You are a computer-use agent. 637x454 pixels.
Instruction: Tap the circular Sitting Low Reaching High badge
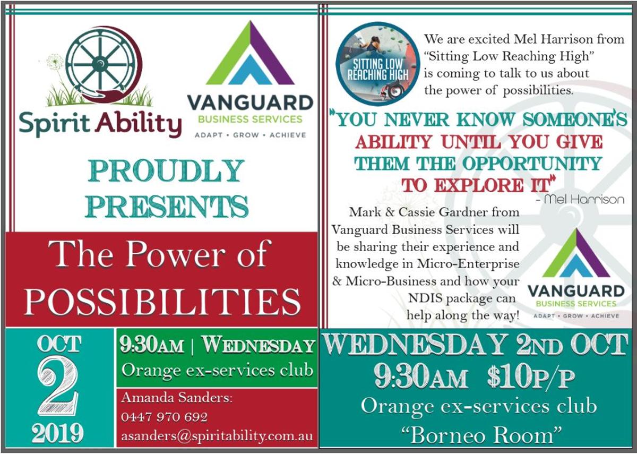[377, 64]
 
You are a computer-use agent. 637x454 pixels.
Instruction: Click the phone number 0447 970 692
[164, 417]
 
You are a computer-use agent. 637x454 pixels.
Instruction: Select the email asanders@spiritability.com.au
[217, 436]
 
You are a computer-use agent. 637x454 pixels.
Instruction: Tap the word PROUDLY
[166, 170]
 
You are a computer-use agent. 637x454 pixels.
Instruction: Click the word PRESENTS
[166, 206]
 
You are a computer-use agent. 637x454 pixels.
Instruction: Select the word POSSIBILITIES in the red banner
[162, 301]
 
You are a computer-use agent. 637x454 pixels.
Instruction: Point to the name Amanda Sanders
[177, 397]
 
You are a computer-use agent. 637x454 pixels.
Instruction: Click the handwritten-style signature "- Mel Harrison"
[580, 200]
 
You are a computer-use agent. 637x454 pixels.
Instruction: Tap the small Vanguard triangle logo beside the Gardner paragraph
[576, 253]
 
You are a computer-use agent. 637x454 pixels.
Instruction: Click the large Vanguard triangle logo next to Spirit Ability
[250, 53]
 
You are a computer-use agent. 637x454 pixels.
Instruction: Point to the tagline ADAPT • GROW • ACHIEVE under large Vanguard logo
[250, 135]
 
